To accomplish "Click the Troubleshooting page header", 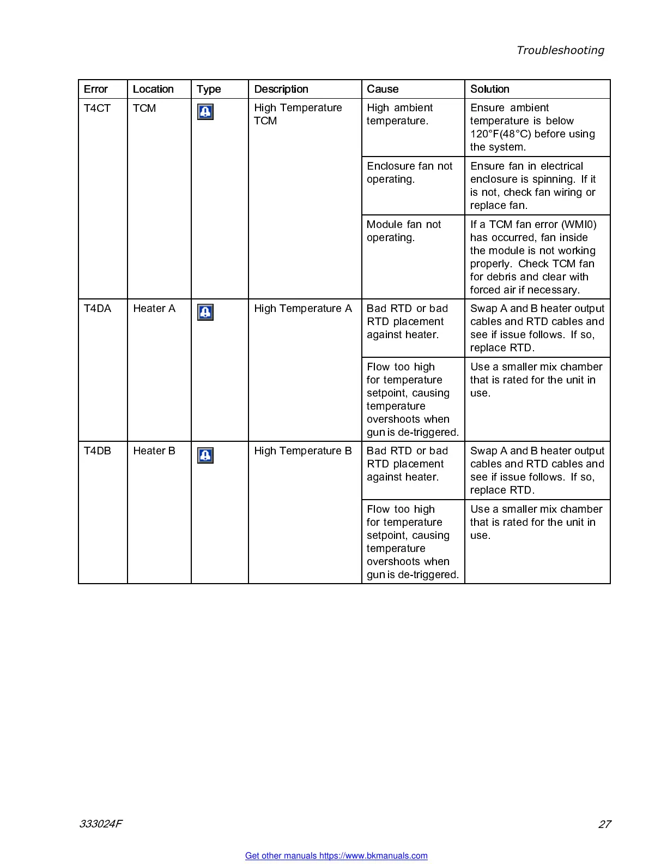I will (560, 50).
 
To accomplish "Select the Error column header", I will (96, 89).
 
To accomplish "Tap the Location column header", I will (153, 89).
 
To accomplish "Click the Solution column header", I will (489, 89).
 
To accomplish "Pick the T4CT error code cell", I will (97, 108).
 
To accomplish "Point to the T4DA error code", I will (98, 309).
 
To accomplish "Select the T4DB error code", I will (98, 451).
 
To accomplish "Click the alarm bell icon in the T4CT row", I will (205, 112).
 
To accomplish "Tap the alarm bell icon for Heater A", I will (205, 312).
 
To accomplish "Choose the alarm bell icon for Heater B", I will (205, 455).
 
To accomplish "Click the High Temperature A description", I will (303, 309).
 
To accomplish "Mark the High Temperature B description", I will (303, 451).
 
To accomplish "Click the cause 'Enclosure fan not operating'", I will (409, 172).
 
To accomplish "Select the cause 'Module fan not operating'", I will (403, 231).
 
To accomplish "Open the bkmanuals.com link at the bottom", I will (336, 856).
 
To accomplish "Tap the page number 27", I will (604, 824).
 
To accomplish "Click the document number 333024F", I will (101, 824).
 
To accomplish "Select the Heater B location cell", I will (154, 451).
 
